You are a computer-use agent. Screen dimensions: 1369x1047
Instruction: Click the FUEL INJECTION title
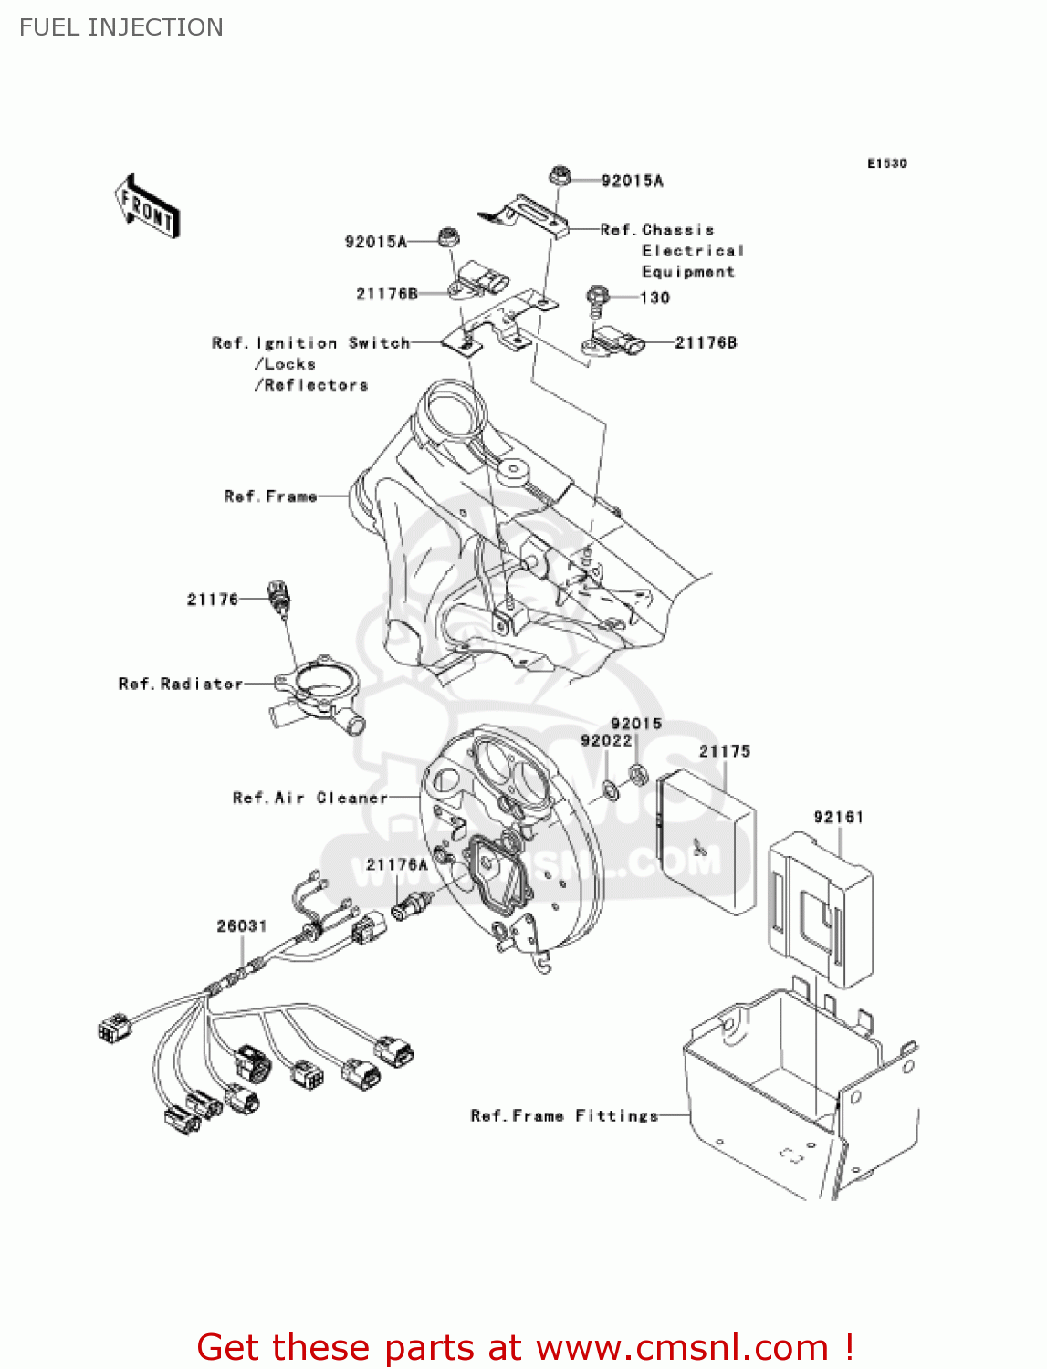(120, 27)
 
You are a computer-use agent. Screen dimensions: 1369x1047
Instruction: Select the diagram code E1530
(886, 163)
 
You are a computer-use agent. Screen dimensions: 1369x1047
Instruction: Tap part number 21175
(725, 751)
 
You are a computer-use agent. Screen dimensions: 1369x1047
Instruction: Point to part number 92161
(838, 817)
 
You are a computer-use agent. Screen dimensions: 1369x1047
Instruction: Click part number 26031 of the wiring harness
(242, 925)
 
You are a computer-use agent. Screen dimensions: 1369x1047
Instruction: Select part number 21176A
(397, 864)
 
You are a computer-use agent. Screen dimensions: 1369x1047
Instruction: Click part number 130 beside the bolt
(654, 298)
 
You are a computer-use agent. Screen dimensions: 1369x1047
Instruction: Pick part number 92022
(606, 740)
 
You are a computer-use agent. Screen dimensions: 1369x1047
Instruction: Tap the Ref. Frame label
(270, 496)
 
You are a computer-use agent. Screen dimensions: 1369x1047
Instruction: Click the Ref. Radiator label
(181, 684)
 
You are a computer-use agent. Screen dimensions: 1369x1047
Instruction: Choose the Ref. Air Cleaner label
(310, 798)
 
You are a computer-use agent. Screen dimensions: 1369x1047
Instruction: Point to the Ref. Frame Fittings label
(564, 1115)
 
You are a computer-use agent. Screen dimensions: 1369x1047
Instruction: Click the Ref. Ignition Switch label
(310, 343)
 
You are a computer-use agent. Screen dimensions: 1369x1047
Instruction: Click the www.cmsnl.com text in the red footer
(682, 1347)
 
